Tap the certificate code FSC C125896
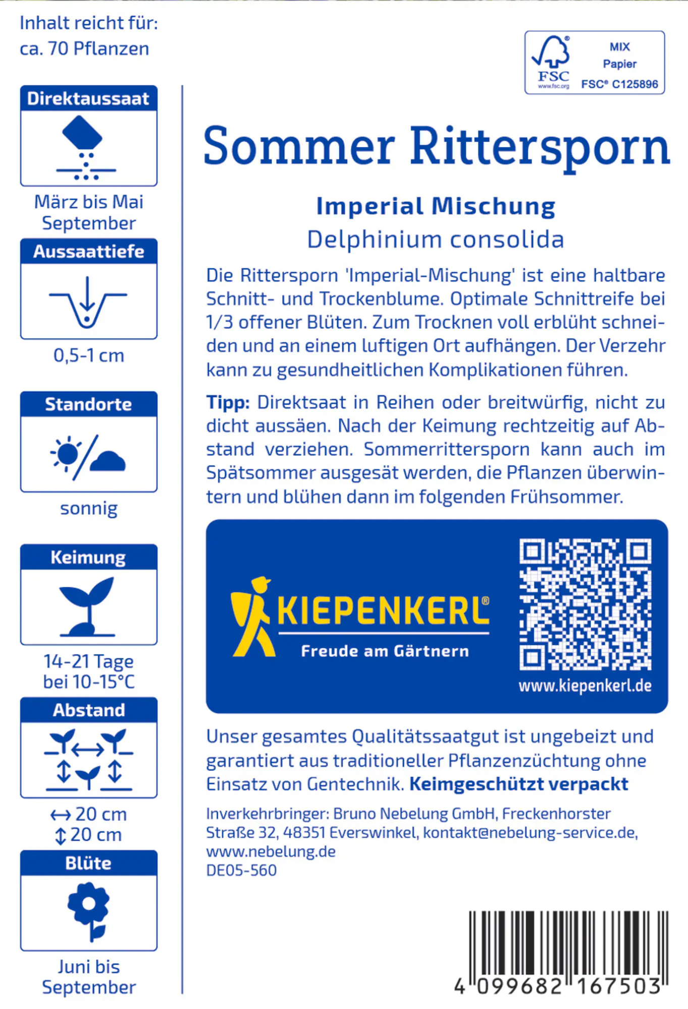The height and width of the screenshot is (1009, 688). [x=619, y=84]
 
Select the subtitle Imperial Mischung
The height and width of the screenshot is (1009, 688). [x=436, y=206]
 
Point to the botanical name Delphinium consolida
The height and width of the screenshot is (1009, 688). [x=435, y=239]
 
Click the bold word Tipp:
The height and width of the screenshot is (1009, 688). [x=228, y=403]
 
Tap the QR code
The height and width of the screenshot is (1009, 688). [x=585, y=604]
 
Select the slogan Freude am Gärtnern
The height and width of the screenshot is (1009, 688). [x=385, y=651]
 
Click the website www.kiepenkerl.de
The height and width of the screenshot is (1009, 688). [x=585, y=686]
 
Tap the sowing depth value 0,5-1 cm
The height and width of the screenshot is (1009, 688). [x=89, y=356]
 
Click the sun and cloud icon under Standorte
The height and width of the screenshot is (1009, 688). [x=88, y=456]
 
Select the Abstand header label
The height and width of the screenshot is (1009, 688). [x=89, y=710]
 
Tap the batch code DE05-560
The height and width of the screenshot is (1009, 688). [x=241, y=870]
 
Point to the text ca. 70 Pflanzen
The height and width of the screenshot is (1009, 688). [x=84, y=49]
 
